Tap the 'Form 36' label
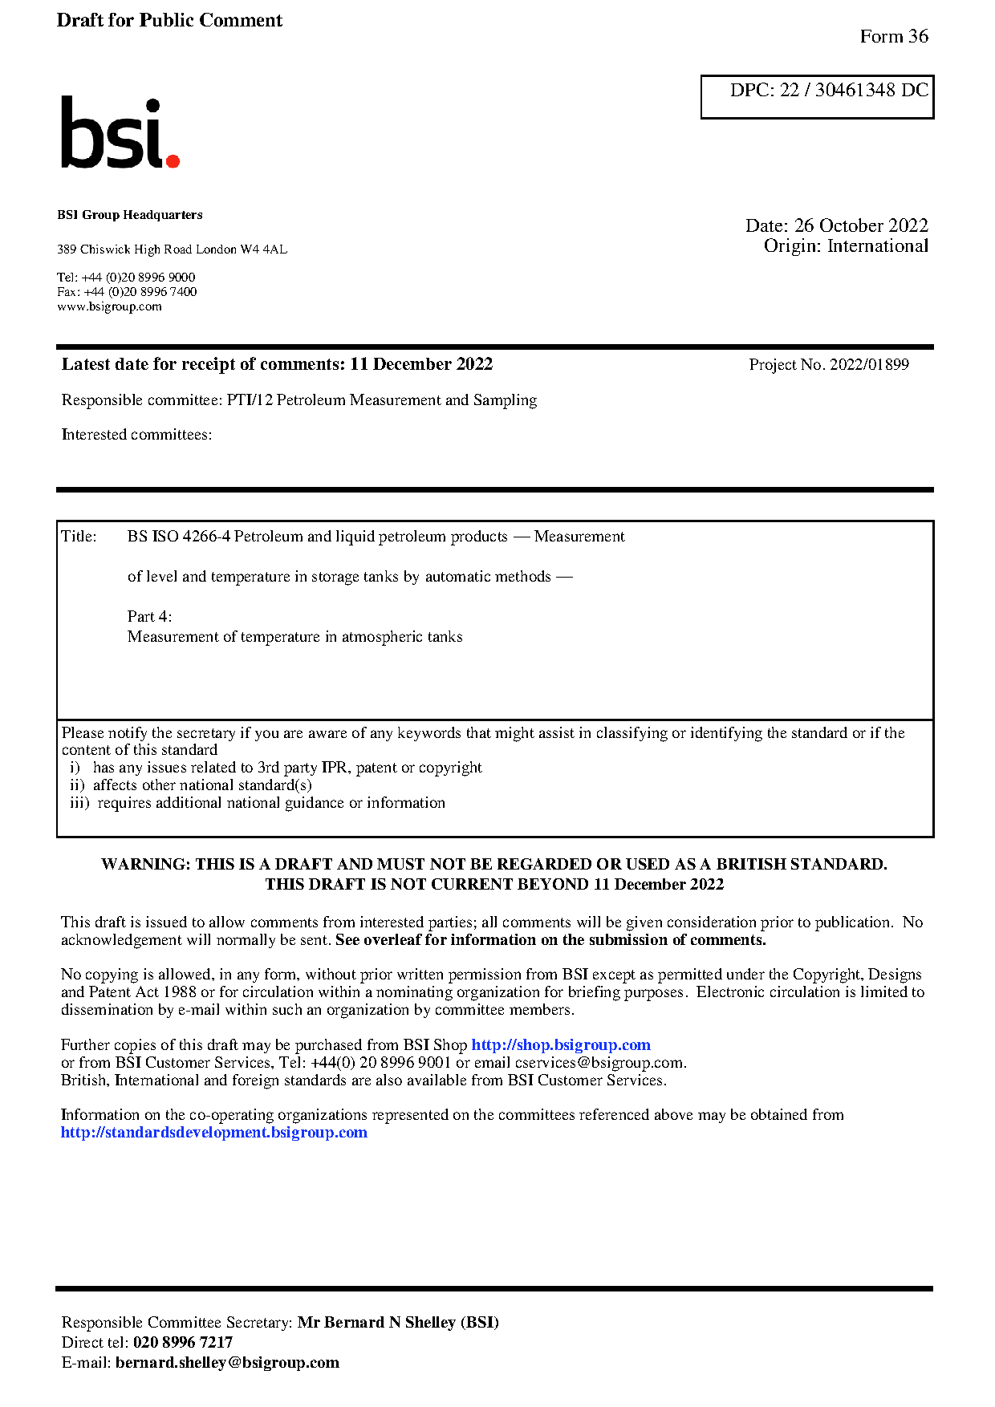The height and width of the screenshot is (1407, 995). point(893,36)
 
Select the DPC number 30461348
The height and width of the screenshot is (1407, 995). point(855,90)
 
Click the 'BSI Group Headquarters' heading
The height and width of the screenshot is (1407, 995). point(130,215)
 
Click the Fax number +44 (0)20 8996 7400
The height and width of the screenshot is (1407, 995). point(140,292)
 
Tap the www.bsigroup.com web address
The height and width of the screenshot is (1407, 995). point(109,306)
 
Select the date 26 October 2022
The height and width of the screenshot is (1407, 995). point(860,225)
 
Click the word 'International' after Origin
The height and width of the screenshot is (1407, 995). point(877,246)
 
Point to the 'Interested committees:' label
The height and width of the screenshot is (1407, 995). point(136,435)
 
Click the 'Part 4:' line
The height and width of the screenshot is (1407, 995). point(149,617)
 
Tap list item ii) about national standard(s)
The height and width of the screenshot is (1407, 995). point(191,785)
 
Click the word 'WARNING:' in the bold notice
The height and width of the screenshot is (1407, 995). point(145,865)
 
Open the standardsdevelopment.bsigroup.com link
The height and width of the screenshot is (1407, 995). point(213,1133)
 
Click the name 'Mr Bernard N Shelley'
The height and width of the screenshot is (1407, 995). point(376,1323)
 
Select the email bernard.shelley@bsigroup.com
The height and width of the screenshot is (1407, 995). point(227,1363)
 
